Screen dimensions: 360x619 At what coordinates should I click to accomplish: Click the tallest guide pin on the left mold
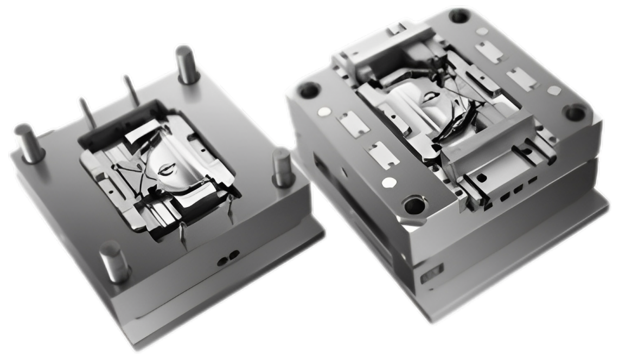pos(186,64)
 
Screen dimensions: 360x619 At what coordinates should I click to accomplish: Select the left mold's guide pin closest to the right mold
pos(281,166)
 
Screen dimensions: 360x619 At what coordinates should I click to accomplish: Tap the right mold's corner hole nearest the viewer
pos(415,205)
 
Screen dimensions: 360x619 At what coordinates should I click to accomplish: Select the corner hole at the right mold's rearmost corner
pos(459,16)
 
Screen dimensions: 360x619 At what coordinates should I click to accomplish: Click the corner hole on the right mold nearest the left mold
pos(309,89)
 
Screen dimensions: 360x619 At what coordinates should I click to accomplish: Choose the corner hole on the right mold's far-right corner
pos(574,113)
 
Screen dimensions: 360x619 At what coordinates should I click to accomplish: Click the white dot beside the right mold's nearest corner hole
pos(387,183)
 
